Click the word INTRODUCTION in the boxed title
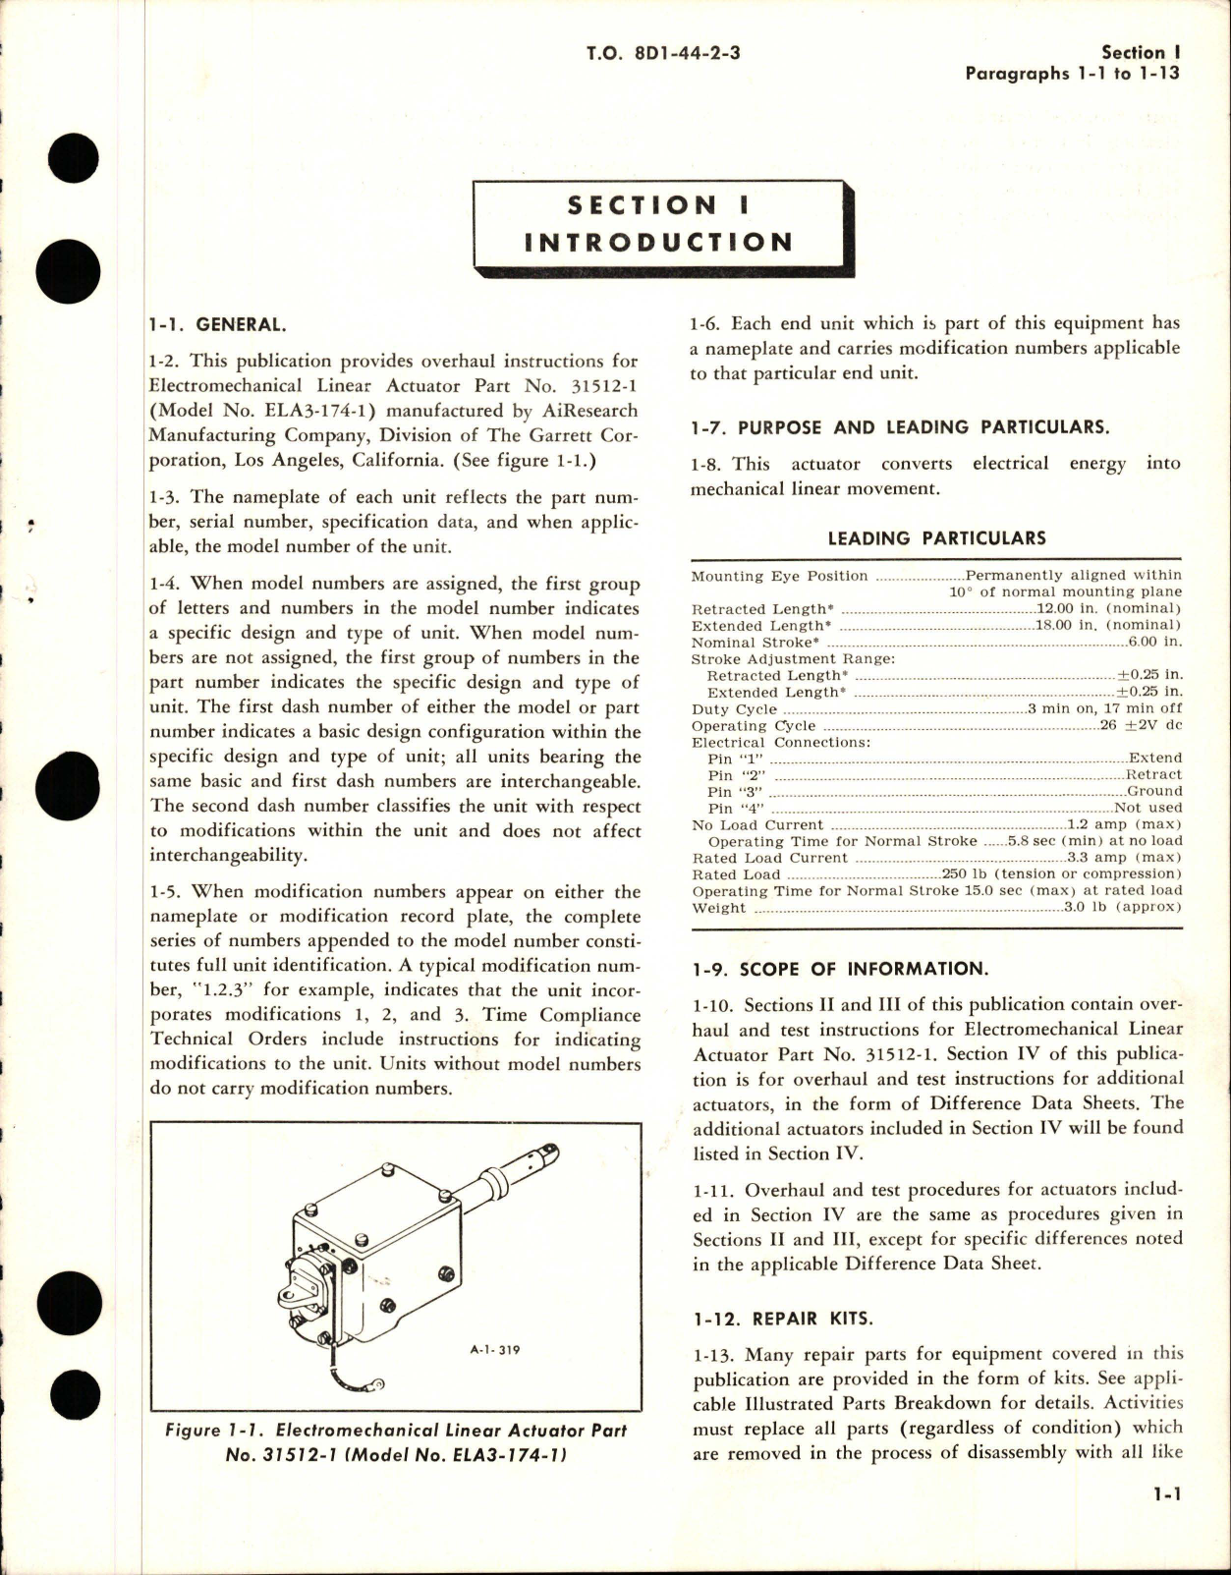click(658, 243)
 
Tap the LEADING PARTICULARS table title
click(936, 537)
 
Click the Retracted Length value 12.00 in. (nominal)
click(1109, 609)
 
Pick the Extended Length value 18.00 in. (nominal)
click(1109, 625)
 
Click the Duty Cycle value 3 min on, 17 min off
click(1104, 708)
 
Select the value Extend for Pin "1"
click(1155, 759)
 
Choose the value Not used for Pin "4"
click(1148, 808)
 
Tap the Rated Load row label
click(737, 874)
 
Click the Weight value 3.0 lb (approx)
click(1123, 908)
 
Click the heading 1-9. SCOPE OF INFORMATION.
click(838, 969)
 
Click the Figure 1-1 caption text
click(395, 1442)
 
